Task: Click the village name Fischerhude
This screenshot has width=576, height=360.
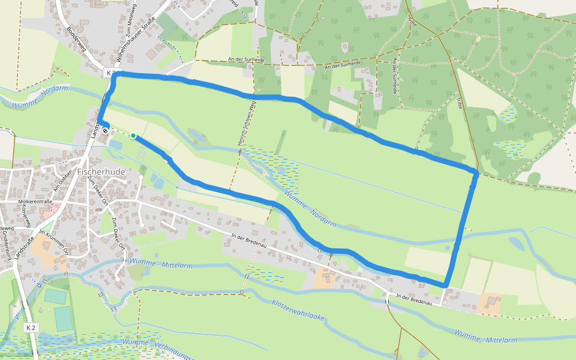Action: (x=101, y=172)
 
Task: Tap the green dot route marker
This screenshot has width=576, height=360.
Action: (x=133, y=136)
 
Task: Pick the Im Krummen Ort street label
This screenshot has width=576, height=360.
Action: (x=55, y=242)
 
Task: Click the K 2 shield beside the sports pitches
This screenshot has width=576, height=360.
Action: (x=31, y=328)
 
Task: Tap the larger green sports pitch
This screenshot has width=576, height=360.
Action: (x=63, y=319)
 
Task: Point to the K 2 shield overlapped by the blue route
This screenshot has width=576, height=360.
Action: (x=110, y=73)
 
